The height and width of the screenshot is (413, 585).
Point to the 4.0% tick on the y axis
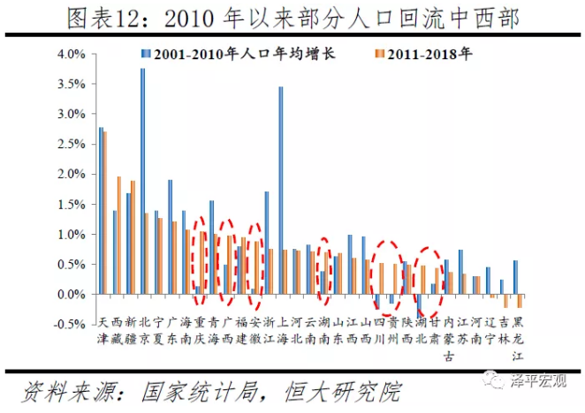click(x=72, y=54)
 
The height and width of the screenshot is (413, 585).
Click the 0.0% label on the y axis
click(x=72, y=295)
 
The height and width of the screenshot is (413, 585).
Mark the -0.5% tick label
click(x=71, y=325)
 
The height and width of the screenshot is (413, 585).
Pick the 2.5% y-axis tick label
click(x=72, y=144)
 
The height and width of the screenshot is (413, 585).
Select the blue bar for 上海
click(x=280, y=190)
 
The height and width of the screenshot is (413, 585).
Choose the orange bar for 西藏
click(x=118, y=235)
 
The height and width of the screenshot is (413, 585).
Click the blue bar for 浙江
click(x=266, y=243)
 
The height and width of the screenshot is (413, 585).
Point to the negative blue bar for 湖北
click(x=419, y=305)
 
